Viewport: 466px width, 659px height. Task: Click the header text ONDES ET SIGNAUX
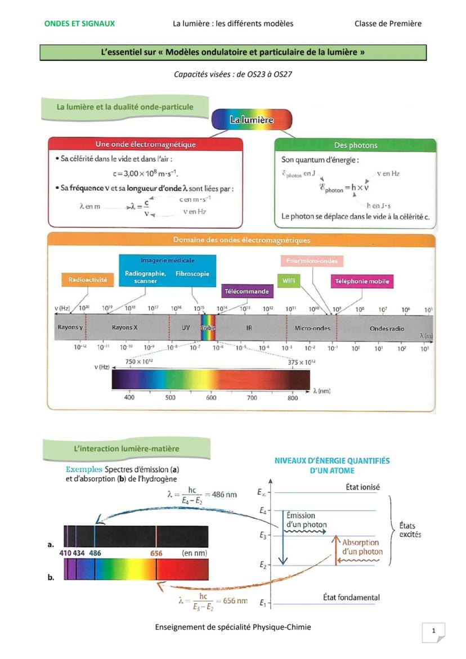pos(79,24)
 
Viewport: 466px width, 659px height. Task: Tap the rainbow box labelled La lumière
pos(252,119)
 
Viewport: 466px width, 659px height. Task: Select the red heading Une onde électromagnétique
pos(146,145)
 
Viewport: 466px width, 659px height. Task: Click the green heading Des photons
pos(356,145)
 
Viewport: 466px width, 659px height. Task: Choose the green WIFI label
pos(288,280)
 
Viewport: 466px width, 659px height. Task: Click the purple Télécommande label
pos(247,292)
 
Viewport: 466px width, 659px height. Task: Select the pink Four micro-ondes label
pos(312,261)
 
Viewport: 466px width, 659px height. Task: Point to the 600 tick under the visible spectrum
pos(211,398)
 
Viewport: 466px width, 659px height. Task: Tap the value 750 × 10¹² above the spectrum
pos(138,361)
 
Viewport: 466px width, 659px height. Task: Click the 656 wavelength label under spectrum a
pos(156,553)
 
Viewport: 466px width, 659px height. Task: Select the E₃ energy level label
pos(263,536)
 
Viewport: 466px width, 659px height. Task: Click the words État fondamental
pos(351,597)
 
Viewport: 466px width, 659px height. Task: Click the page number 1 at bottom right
pos(433,631)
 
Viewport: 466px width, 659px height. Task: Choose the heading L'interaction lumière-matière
pos(127,449)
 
